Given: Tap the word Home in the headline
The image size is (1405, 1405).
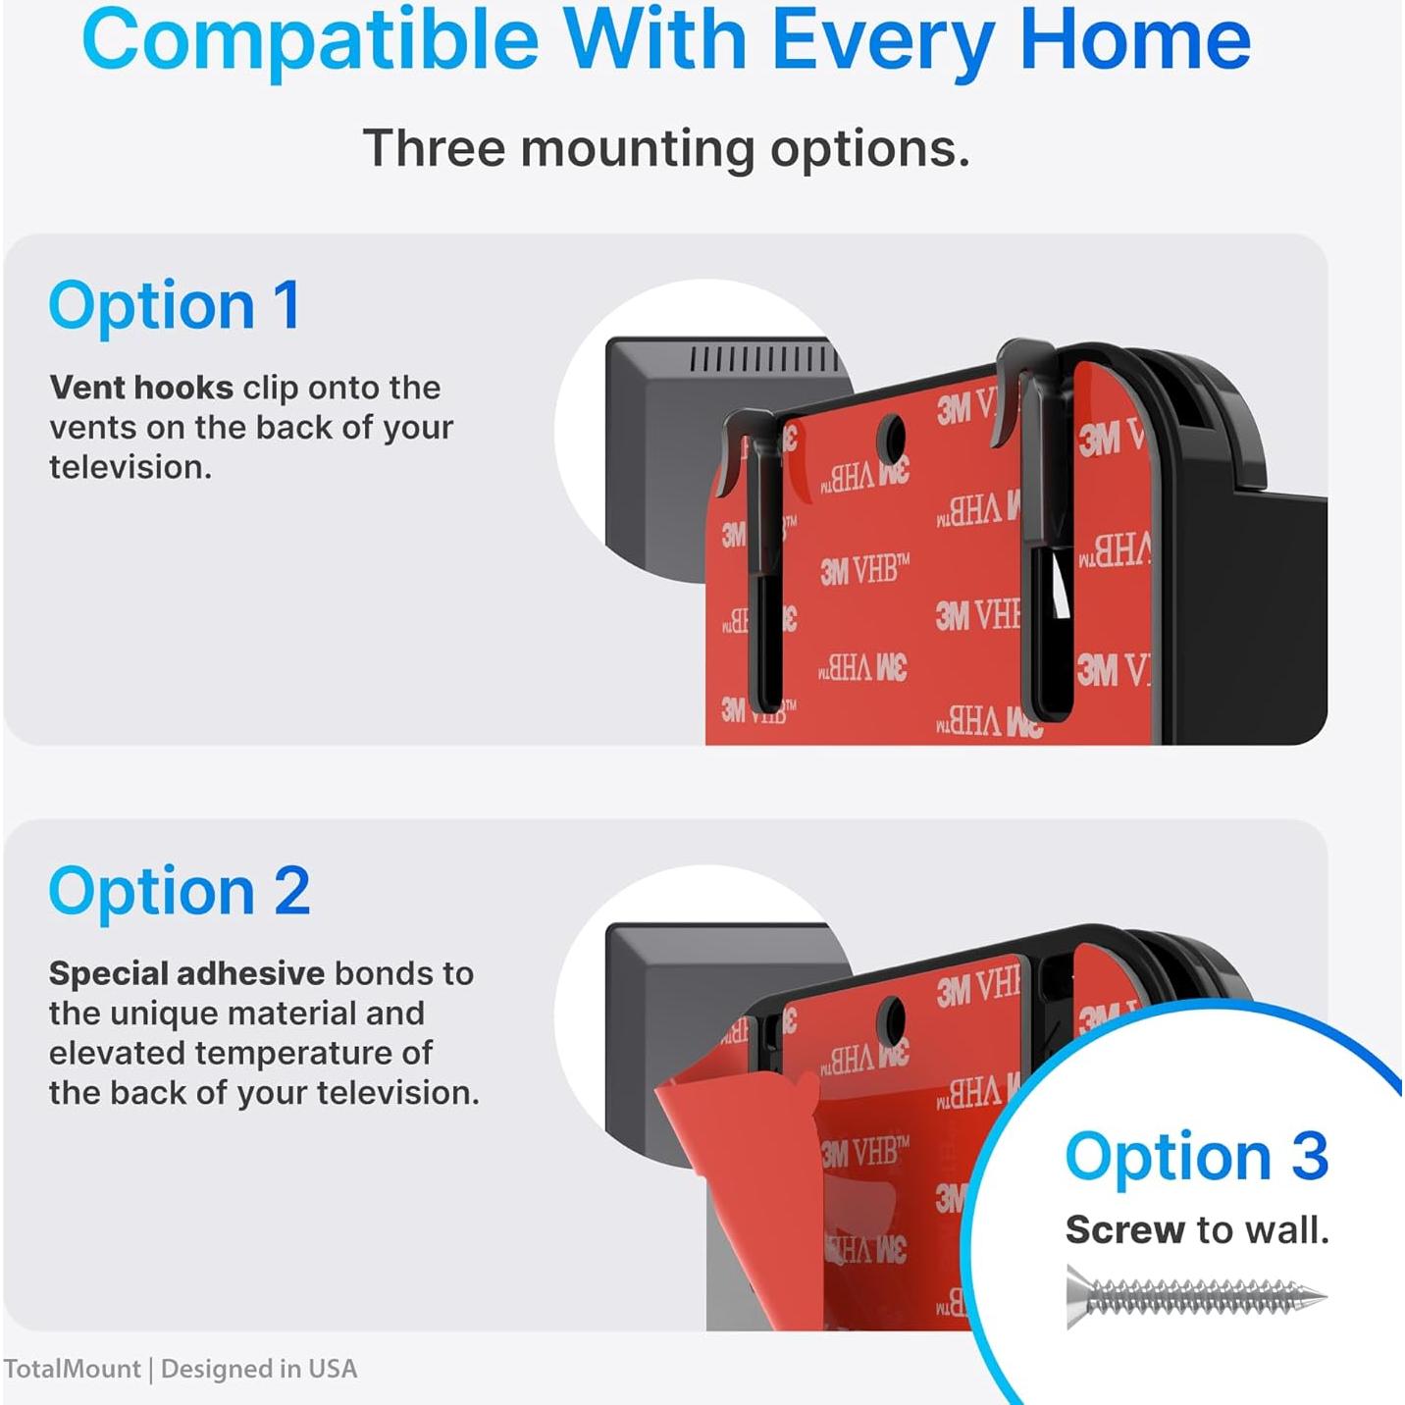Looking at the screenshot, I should (1135, 41).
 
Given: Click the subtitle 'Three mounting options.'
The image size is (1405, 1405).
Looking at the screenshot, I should (666, 149).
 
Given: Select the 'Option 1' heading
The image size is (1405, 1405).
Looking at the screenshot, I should (175, 306).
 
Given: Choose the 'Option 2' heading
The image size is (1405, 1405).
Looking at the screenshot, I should (180, 892).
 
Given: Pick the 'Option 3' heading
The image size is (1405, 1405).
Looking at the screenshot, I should (1196, 1157).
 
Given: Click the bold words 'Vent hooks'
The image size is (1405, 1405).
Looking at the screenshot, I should (141, 388).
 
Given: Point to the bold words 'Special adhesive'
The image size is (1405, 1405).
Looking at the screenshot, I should (186, 973).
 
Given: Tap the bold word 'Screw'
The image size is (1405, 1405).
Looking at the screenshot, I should (1124, 1230).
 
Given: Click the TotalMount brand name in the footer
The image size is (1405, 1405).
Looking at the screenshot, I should (72, 1369).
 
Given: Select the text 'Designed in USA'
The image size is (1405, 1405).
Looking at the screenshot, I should (259, 1369).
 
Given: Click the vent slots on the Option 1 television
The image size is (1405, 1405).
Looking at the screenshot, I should (763, 359).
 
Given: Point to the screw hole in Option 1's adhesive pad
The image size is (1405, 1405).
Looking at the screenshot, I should (891, 439).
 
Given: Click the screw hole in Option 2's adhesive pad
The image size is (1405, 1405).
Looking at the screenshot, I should (891, 1020).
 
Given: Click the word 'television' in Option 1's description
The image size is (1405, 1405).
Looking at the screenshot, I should (130, 467).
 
